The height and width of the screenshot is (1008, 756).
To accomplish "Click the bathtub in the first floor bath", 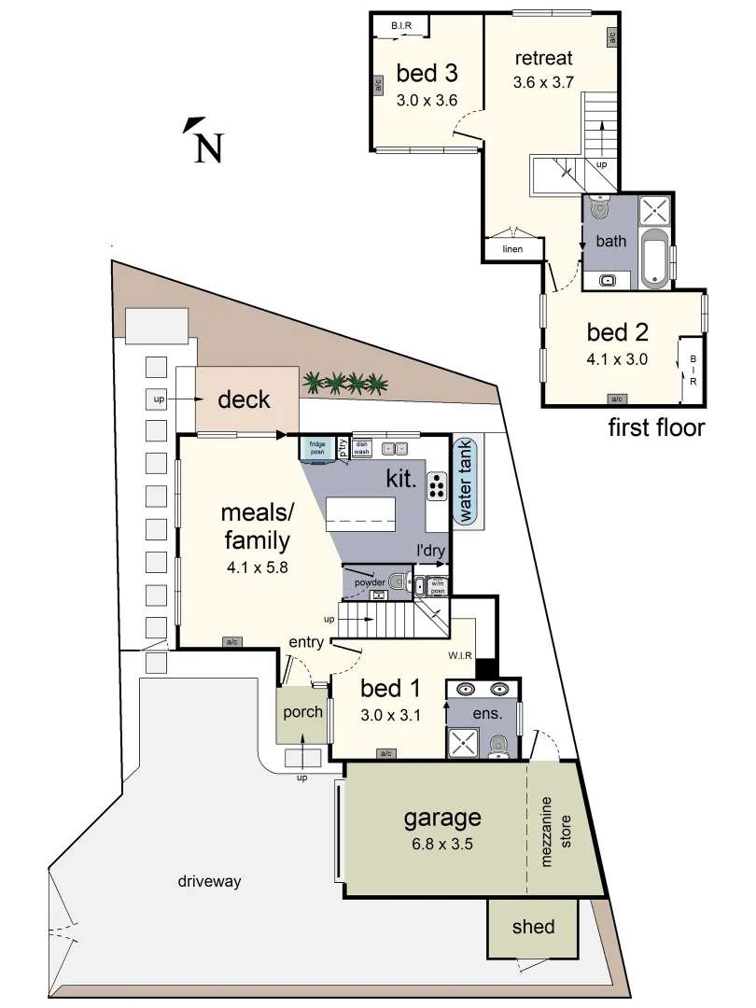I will [656, 255].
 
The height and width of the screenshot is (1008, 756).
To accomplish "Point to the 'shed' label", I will [534, 927].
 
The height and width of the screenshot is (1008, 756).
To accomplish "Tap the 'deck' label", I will [244, 399].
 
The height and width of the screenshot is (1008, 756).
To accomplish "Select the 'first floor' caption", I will [656, 427].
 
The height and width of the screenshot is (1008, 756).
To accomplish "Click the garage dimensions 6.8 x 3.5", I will [441, 846].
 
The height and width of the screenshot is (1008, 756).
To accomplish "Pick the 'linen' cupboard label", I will [511, 249].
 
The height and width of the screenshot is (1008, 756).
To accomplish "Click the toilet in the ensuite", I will [499, 744].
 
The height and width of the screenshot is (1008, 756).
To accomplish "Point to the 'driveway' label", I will [210, 880].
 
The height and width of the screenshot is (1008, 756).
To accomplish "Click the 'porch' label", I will [302, 711].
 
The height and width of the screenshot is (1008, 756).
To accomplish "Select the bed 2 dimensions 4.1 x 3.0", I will [617, 358].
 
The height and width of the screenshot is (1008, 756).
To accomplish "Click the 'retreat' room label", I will [543, 59].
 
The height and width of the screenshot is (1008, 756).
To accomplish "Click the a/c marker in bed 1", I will [385, 752].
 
